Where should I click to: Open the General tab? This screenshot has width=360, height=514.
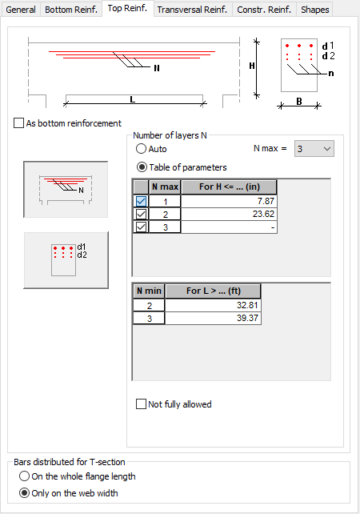[21, 10]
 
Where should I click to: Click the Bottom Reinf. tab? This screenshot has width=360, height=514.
[71, 10]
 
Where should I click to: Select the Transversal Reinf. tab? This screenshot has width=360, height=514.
[192, 10]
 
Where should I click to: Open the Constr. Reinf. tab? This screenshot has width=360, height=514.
[264, 10]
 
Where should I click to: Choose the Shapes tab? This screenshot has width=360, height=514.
[314, 10]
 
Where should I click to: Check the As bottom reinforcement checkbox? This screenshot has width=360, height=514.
[19, 123]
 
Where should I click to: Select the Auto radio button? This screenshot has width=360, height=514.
[141, 149]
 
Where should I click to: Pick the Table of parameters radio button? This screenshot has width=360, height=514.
[142, 167]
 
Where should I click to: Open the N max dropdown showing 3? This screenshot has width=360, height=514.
[314, 149]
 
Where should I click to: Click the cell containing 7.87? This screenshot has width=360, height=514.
[229, 201]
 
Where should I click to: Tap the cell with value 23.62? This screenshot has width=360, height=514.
[229, 214]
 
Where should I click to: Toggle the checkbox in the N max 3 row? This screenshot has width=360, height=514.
[141, 227]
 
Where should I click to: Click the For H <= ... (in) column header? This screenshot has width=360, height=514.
[229, 187]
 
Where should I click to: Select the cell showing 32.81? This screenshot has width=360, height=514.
[213, 305]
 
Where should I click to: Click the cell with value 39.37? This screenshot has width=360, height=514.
[213, 318]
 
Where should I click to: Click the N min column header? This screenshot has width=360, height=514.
[149, 291]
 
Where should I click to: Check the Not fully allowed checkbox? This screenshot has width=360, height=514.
[141, 404]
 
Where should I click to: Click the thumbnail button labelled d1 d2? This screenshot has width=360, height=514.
[66, 260]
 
